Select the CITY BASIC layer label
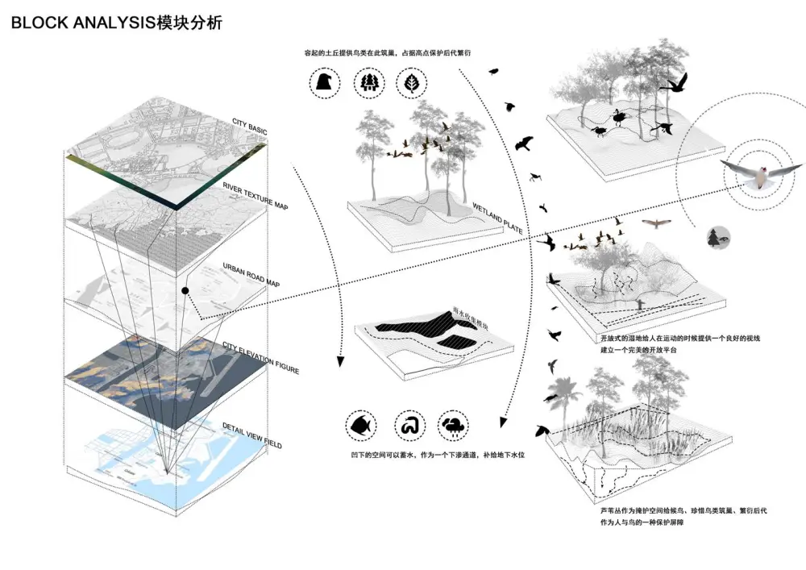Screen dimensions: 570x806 pyautogui.click(x=249, y=126)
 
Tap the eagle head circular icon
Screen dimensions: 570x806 pyautogui.click(x=325, y=83)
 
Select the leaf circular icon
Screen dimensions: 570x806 pyautogui.click(x=412, y=83)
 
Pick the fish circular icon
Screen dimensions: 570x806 pyautogui.click(x=359, y=425)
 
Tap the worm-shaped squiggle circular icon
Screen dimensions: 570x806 pyautogui.click(x=409, y=425)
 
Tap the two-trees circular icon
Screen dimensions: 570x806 pyautogui.click(x=368, y=83)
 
